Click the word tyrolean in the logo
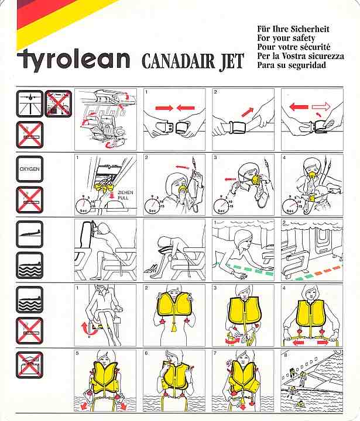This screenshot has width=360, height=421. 74,60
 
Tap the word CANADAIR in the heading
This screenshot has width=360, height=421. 178,61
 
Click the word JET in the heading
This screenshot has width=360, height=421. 231,62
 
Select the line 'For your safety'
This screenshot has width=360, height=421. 286,38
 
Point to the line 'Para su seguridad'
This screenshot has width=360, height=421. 292,65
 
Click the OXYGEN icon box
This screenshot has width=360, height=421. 30,169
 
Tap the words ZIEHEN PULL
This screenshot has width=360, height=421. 125,195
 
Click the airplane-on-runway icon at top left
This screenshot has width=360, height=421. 30,103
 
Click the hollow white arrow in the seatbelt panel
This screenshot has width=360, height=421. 321,107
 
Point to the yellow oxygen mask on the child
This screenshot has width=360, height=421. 313,198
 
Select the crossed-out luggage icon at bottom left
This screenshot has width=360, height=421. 30,365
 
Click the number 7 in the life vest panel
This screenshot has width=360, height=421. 215,353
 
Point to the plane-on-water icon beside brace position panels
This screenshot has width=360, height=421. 30,265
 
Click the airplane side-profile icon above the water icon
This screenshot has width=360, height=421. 30,234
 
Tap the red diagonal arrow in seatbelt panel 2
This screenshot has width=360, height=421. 248,112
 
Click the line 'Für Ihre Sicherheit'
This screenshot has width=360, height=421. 293,29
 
